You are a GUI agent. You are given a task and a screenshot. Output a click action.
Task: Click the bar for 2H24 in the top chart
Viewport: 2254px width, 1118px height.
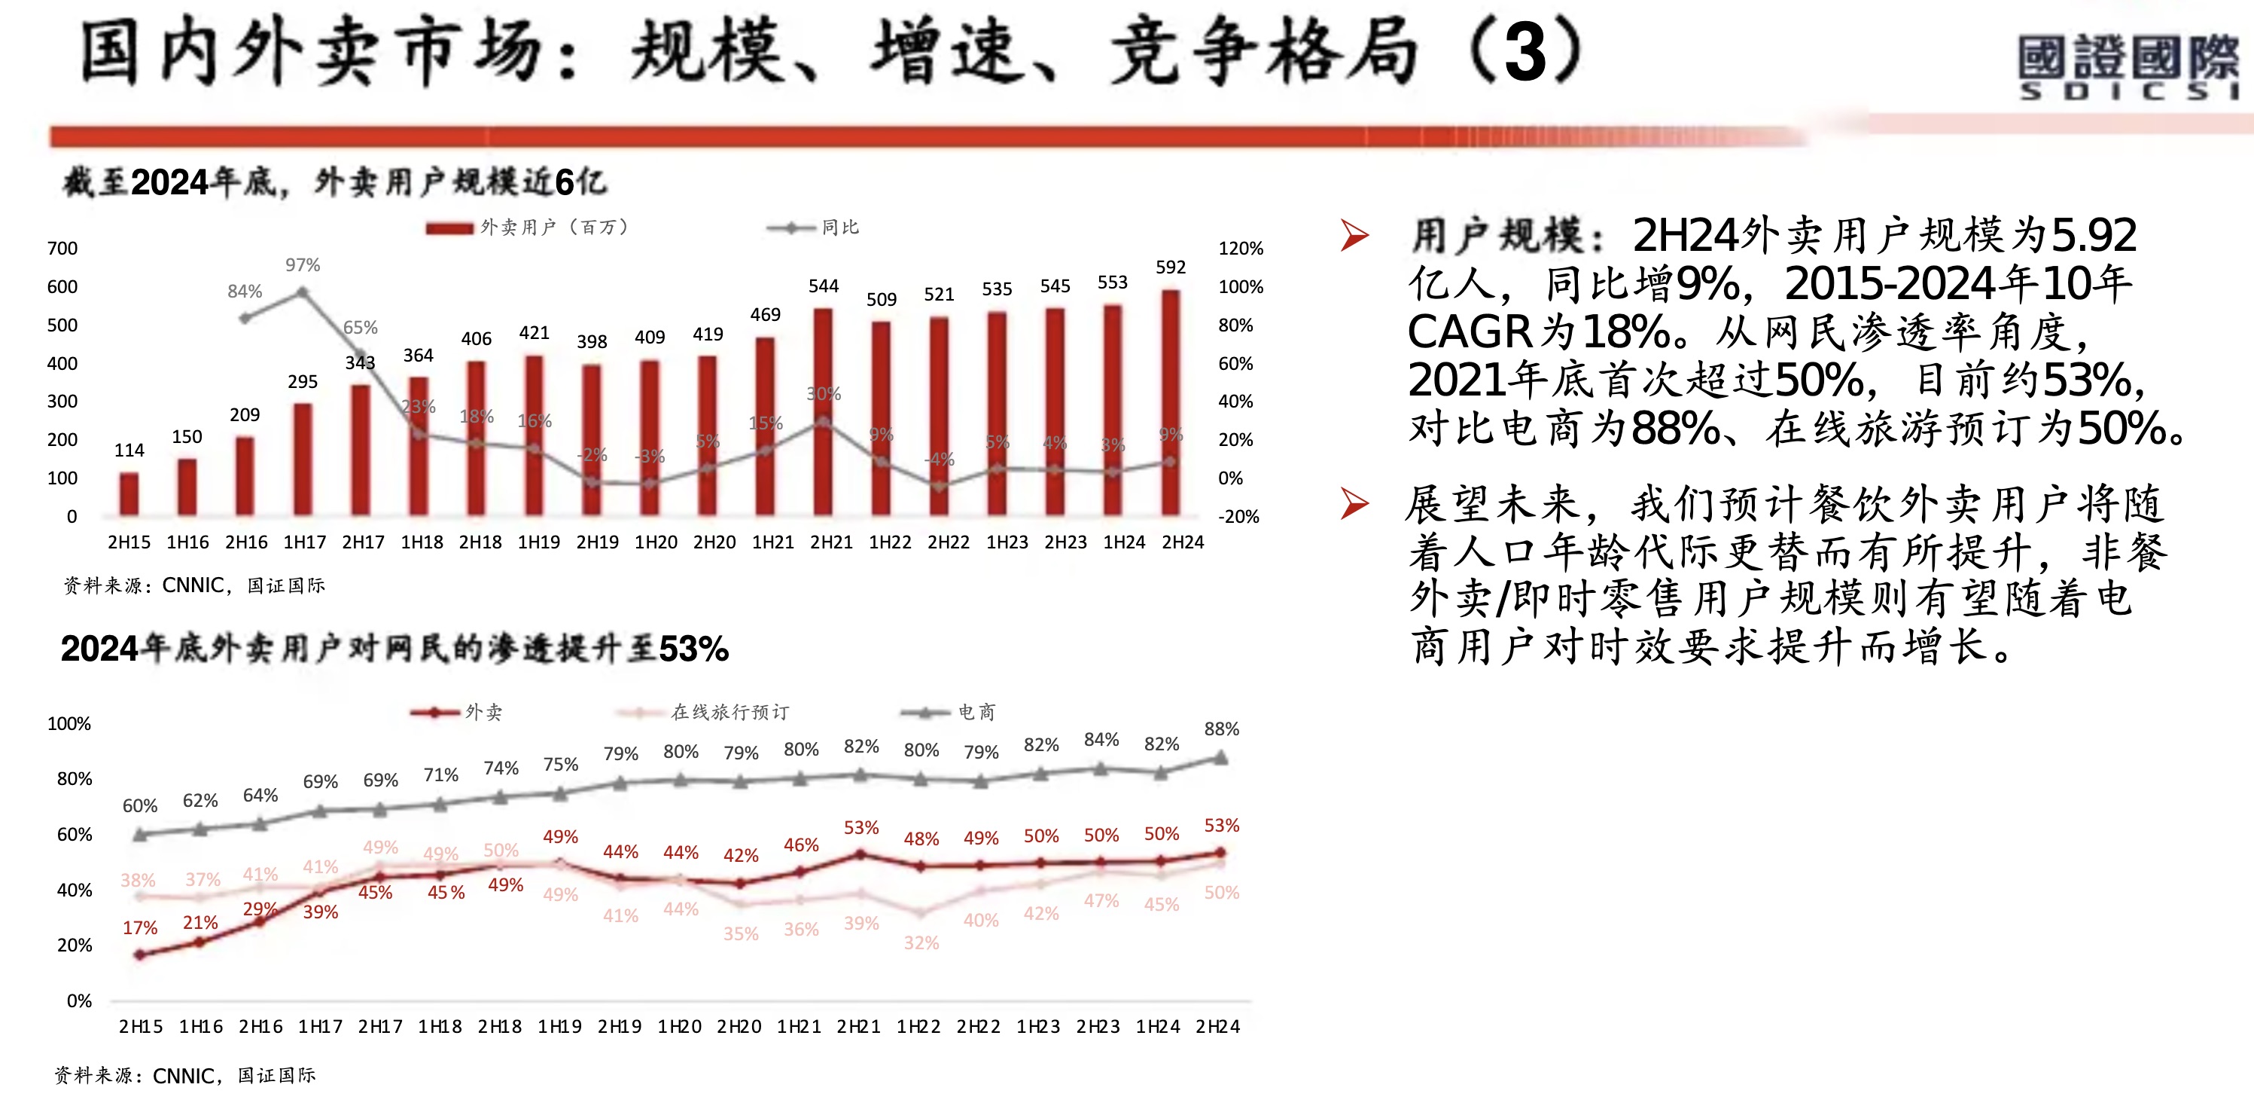(1170, 403)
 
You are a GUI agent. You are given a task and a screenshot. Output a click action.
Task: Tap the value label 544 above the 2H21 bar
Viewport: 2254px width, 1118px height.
(824, 286)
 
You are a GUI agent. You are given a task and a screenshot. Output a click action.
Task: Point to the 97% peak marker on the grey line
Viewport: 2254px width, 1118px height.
(303, 292)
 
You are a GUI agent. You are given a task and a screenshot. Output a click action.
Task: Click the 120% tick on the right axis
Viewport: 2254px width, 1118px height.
(1240, 249)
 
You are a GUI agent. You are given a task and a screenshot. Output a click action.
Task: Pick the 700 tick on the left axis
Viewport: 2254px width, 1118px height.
(62, 249)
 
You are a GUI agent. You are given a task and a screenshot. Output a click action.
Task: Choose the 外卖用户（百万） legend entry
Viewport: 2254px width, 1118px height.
(528, 228)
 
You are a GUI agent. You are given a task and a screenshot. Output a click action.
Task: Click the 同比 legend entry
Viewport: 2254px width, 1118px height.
(814, 228)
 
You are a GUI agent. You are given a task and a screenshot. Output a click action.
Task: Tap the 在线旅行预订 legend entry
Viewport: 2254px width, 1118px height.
(705, 712)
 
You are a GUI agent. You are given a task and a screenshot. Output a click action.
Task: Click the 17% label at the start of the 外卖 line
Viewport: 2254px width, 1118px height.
(140, 927)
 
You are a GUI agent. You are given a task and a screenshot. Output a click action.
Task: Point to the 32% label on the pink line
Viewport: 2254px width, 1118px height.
(921, 943)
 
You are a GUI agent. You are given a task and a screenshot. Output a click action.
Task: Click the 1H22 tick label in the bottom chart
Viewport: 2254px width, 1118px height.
(918, 1026)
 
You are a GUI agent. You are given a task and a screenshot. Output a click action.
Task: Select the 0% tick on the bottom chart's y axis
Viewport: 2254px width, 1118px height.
(79, 1000)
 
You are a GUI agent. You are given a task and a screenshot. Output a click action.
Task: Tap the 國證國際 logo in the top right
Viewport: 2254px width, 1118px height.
(2128, 66)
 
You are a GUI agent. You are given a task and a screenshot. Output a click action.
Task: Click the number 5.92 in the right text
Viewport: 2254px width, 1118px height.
(2094, 234)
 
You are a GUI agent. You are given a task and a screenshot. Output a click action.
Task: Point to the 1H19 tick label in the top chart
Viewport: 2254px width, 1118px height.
(539, 542)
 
